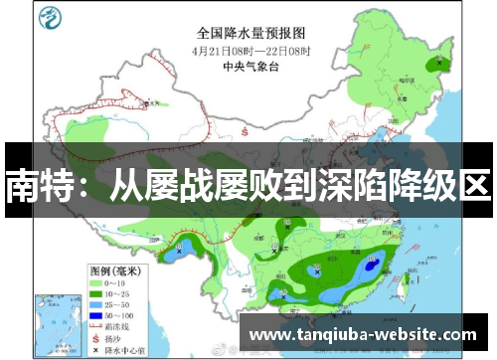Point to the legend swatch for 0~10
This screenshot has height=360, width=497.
99,284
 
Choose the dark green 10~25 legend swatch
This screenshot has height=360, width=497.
99,295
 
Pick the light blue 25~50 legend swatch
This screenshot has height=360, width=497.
99,306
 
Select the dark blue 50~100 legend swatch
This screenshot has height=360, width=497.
99,317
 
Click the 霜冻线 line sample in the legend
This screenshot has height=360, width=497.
99,327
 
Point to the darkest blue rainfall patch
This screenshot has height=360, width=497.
372,265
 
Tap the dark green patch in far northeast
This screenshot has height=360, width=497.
435,63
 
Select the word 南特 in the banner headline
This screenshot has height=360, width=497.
36,185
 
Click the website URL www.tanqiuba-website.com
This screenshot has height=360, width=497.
363,335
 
